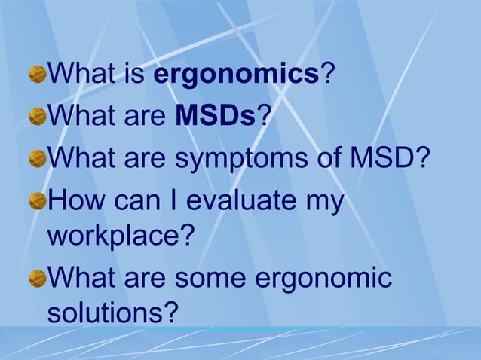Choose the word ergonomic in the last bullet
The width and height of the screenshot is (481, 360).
(x=324, y=279)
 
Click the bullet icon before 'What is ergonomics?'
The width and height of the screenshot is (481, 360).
(x=37, y=75)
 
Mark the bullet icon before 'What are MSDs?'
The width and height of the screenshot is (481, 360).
(x=37, y=117)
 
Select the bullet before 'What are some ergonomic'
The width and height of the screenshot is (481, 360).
(x=37, y=279)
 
